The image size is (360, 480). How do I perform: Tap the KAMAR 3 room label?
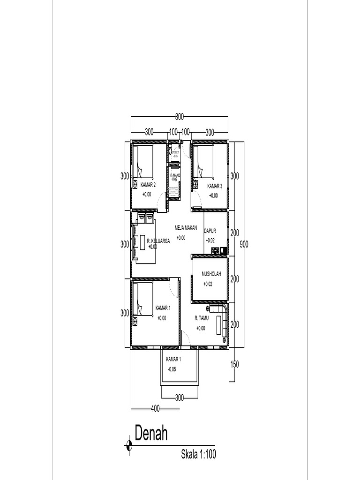click(x=215, y=186)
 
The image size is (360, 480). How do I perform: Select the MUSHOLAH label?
click(x=211, y=274)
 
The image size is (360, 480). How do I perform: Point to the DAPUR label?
click(x=210, y=231)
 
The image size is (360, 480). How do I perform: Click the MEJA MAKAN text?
click(x=186, y=228)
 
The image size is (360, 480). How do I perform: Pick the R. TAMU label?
click(x=202, y=318)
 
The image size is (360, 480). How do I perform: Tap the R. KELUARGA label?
click(x=158, y=241)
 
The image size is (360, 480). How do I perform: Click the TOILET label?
click(x=175, y=152)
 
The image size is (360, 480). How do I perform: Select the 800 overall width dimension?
click(x=179, y=117)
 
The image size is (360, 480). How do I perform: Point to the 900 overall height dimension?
click(x=244, y=244)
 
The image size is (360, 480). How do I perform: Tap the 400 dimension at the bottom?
click(x=156, y=409)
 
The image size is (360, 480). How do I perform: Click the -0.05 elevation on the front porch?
click(x=172, y=369)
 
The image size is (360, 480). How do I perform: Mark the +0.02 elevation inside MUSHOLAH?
click(x=208, y=284)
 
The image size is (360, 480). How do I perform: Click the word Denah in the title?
click(x=151, y=434)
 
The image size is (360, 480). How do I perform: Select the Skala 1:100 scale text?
click(x=198, y=454)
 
